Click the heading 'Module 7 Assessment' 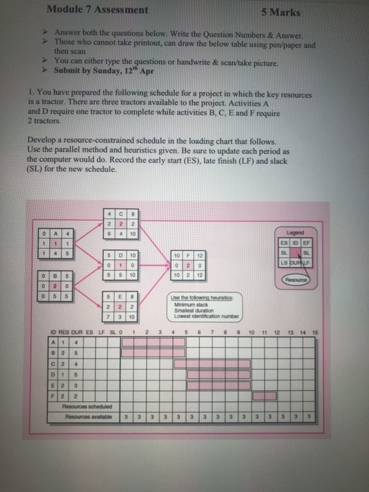(x=97, y=10)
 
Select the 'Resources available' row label (x=84, y=416)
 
